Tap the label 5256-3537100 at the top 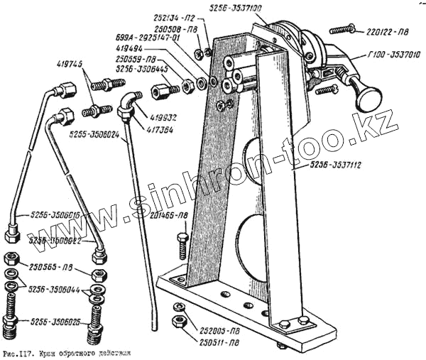coord(237,8)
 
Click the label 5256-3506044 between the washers coord(54,290)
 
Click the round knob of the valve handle coord(368,97)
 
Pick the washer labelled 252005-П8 coord(180,307)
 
